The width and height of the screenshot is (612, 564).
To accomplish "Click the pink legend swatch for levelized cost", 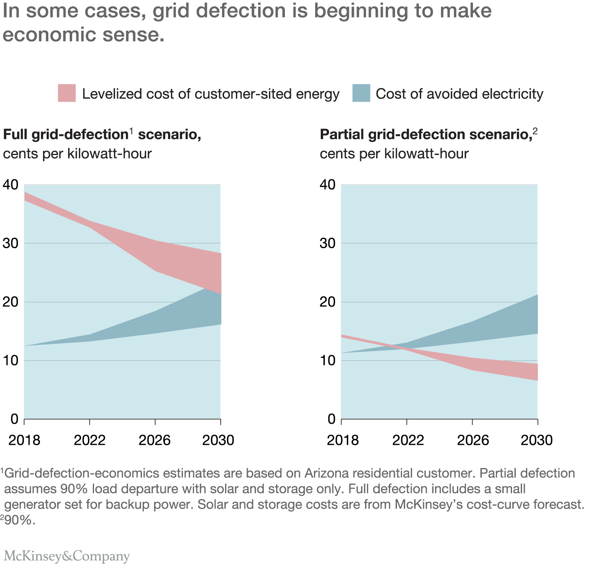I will point(67,93).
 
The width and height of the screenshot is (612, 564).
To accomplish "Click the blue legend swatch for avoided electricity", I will point(361,93).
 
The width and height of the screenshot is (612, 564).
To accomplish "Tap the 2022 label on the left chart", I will point(90,440).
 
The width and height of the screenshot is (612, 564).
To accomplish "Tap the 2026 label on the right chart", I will point(473,440).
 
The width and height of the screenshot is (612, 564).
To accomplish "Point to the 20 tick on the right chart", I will point(328,302).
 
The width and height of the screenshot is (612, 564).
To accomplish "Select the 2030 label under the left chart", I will point(218,440).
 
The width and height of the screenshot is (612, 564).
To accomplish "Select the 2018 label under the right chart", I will point(343,440).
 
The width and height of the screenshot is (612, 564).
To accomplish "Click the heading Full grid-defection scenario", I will point(102,135).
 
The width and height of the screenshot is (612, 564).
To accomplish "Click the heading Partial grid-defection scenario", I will point(426,135).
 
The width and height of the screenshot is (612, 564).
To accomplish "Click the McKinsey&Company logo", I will point(67,556).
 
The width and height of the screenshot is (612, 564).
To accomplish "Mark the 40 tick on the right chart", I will point(328,185).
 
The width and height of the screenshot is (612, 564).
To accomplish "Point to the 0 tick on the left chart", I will point(14,419).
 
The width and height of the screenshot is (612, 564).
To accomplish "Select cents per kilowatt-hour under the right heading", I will point(394,154).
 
